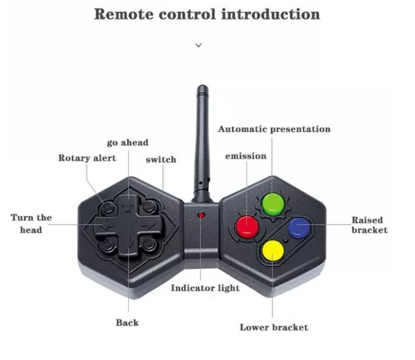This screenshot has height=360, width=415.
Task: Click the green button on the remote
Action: point(273,204)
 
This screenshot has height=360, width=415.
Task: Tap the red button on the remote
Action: point(247,227)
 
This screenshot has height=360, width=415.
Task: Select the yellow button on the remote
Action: point(273,251)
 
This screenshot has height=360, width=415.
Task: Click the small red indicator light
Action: point(201,215)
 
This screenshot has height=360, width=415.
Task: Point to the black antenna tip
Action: point(203,88)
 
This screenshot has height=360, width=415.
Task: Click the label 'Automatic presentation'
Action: point(274,129)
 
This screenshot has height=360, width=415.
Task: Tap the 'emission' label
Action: point(246,156)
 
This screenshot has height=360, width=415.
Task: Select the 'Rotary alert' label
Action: point(87,158)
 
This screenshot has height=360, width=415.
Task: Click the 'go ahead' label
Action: point(128,143)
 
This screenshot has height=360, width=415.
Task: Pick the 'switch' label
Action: point(161,159)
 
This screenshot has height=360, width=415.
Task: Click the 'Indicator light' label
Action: point(205,288)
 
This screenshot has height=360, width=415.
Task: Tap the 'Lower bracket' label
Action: point(274,327)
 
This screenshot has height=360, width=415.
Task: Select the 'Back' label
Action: point(127,323)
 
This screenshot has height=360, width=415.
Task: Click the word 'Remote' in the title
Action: point(123,14)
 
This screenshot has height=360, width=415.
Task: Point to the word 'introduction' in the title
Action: point(271,14)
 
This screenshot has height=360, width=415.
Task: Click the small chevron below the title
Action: point(198,46)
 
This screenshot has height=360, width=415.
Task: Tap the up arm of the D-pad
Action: point(128,205)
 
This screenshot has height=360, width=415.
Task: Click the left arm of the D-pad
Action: point(104,225)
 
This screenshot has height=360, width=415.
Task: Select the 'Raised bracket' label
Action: point(369,225)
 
